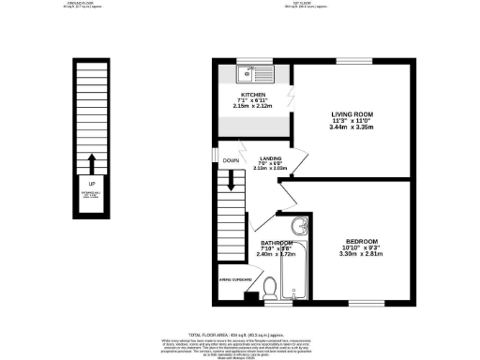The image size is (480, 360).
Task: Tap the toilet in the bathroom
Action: tap(270, 287)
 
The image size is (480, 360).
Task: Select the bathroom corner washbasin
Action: tap(298, 226)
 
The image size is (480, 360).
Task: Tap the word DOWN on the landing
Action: tap(231, 160)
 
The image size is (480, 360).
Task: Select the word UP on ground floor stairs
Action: tap(91, 183)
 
